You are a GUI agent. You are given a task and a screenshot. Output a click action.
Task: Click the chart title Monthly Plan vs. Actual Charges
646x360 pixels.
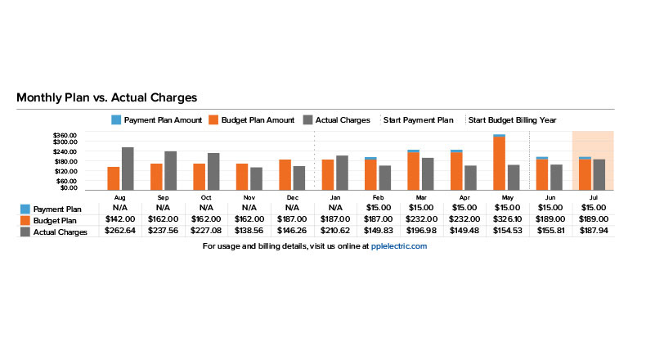pos(106,97)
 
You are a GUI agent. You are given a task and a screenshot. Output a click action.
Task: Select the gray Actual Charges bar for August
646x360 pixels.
pos(128,169)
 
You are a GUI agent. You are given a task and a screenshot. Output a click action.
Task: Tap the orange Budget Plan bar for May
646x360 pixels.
pos(498,164)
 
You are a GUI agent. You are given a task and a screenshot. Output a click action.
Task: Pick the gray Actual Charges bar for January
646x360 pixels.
pos(342,173)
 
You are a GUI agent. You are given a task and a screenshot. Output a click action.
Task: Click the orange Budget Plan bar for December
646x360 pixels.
pos(285,174)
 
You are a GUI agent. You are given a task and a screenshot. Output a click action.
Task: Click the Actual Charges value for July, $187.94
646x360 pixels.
pos(590,231)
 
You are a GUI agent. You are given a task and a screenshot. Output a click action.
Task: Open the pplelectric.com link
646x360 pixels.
pos(398,245)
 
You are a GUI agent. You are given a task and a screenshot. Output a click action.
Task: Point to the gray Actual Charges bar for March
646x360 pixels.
pos(427,173)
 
